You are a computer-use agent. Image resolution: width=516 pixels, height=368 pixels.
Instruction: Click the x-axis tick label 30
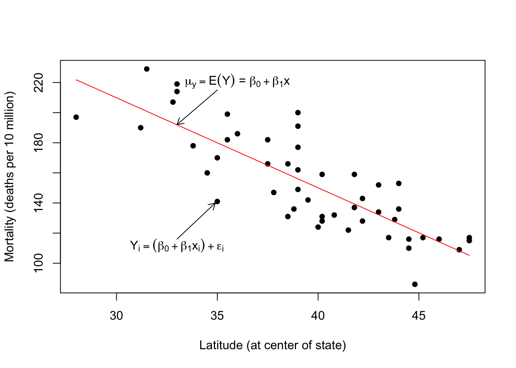coord(116,315)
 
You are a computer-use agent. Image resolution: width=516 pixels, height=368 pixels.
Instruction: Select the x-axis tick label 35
coord(217,315)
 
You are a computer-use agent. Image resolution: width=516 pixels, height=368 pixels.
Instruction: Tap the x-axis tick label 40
coord(318,315)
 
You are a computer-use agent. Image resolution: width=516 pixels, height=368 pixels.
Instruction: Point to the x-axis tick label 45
coord(419,315)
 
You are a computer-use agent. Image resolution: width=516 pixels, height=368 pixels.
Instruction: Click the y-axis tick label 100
coord(39,263)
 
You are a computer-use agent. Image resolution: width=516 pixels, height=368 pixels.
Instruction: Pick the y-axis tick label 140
coord(39,203)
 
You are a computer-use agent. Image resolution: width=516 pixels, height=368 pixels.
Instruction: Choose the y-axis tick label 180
coord(39,143)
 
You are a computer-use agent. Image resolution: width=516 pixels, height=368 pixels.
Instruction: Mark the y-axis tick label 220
coord(39,82)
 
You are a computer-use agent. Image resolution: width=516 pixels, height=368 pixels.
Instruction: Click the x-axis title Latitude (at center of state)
coord(273,345)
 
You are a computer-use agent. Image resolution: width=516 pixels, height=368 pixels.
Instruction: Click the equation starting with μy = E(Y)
coord(237,81)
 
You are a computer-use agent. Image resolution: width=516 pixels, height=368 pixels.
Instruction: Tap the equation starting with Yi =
coord(177,246)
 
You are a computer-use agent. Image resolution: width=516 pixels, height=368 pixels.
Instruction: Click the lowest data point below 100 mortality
coord(415,284)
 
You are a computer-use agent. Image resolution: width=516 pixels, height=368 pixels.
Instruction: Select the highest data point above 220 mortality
coord(147,69)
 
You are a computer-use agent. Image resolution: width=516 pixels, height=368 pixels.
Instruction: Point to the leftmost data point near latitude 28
coord(76,117)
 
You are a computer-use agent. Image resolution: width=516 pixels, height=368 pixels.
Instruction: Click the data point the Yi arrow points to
coord(217,201)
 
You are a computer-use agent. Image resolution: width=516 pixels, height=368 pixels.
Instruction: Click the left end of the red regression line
coord(76,80)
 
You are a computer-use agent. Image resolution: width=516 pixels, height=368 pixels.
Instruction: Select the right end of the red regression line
coord(469,255)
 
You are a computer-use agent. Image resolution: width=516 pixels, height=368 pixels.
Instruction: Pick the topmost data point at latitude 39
coord(298,113)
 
